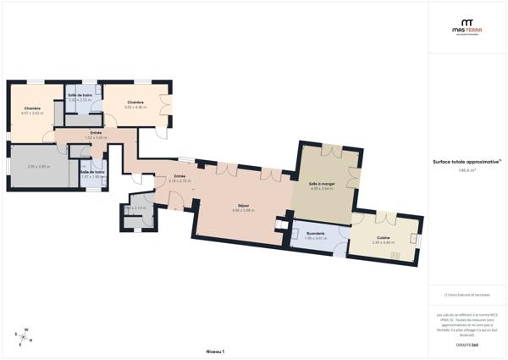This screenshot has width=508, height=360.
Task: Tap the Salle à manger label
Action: pyautogui.click(x=322, y=184)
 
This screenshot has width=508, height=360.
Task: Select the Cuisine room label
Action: pyautogui.click(x=383, y=238)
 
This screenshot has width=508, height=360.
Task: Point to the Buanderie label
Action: pyautogui.click(x=315, y=234)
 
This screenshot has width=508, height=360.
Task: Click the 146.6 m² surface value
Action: pyautogui.click(x=467, y=170)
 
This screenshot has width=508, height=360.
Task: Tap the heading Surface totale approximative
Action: pyautogui.click(x=467, y=161)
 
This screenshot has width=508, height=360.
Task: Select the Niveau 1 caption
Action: pyautogui.click(x=214, y=350)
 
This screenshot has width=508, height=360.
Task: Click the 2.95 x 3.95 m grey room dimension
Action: pyautogui.click(x=38, y=166)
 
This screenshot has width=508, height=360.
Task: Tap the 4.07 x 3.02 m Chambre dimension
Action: pyautogui.click(x=32, y=113)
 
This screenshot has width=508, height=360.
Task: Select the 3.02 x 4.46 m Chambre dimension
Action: pyautogui.click(x=135, y=107)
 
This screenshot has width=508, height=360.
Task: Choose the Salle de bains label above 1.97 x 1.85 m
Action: pyautogui.click(x=92, y=172)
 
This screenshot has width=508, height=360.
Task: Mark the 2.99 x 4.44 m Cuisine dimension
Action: pyautogui.click(x=383, y=243)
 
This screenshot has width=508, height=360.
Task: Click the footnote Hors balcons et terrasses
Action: pyautogui.click(x=467, y=295)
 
